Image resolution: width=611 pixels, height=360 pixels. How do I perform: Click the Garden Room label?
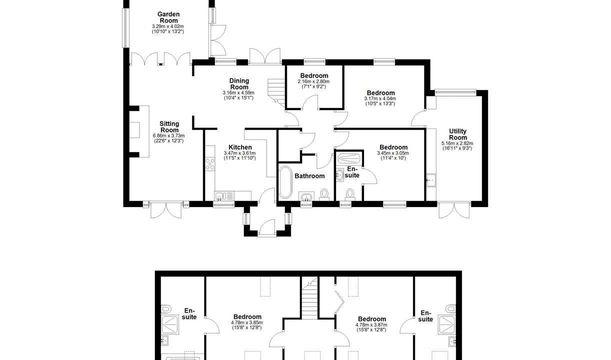(168, 17)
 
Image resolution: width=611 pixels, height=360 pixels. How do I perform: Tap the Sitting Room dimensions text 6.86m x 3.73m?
(169, 136)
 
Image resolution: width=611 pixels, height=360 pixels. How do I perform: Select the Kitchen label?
(240, 147)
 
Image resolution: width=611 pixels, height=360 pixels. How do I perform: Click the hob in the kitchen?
(210, 164)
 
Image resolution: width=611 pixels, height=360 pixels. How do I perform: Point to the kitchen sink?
(224, 196)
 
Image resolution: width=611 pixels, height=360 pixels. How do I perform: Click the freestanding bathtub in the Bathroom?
(285, 182)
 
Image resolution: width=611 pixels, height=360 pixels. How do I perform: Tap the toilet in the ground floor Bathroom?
(324, 194)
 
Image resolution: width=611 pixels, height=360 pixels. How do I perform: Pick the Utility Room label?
(457, 134)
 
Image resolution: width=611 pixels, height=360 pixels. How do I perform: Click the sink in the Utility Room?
(431, 180)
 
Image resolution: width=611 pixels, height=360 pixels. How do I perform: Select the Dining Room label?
(239, 84)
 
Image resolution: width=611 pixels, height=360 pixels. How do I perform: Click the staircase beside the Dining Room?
(276, 92)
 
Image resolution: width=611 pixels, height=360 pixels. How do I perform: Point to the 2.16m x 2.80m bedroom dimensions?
(313, 81)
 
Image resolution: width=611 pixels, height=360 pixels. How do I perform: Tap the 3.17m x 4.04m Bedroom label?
(381, 93)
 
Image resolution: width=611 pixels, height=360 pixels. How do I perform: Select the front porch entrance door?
(267, 227)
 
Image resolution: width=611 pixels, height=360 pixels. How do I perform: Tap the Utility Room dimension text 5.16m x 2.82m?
(457, 143)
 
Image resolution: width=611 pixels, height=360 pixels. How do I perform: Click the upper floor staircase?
(310, 298)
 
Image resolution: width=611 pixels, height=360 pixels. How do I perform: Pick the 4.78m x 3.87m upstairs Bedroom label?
(372, 319)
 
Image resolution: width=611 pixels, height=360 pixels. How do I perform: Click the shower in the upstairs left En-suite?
(170, 325)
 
